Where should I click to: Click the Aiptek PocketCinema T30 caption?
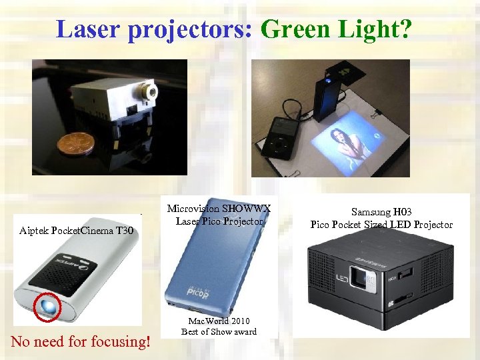click(77, 231)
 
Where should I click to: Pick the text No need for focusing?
click(81, 342)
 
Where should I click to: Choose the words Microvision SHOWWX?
click(219, 208)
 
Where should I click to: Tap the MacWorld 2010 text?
click(219, 321)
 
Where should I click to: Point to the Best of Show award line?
click(219, 331)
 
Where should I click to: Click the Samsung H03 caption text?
click(381, 211)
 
